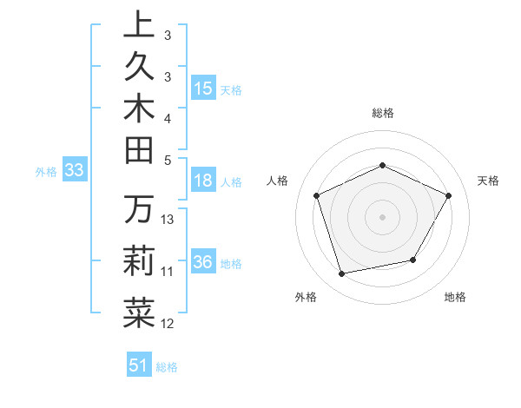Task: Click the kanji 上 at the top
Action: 139,24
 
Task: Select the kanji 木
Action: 139,111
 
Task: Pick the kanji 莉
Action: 139,260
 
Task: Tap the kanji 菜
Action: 139,312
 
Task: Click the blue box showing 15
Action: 203,89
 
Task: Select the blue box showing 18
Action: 203,181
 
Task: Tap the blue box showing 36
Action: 203,262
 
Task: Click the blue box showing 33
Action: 75,171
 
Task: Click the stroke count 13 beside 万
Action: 168,220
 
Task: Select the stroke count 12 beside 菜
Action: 168,324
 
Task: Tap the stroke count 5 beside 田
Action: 168,160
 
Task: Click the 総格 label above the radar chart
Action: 383,114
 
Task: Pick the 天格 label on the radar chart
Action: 488,181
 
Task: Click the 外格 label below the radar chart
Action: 306,298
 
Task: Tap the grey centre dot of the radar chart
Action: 383,217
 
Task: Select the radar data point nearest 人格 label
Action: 317,195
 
